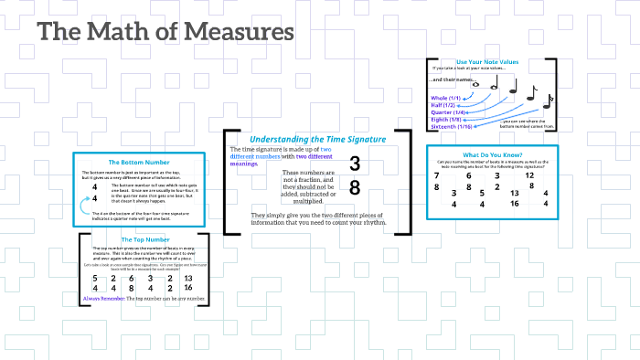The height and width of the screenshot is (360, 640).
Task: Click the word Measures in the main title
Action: pos(239,33)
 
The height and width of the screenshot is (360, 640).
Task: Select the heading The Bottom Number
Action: pos(134,162)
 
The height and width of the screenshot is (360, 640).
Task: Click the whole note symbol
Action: pos(476,86)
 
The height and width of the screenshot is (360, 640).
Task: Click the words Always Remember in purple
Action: pos(102,299)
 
